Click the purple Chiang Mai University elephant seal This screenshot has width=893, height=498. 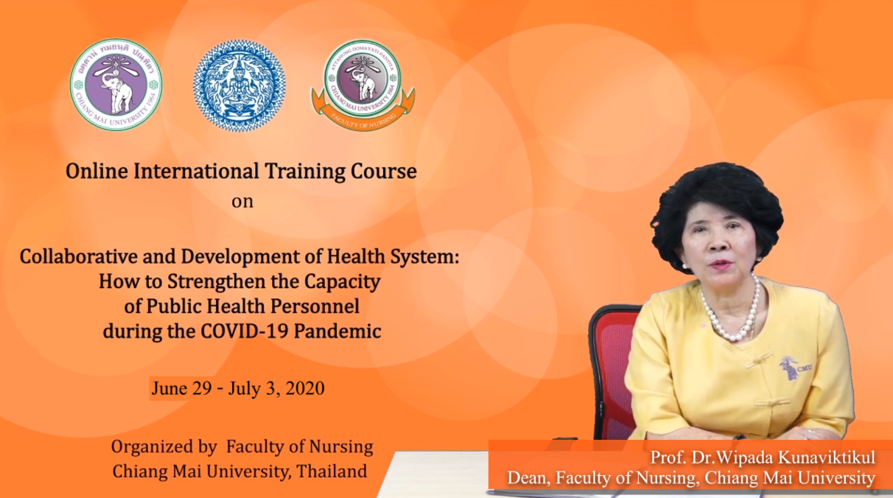pyautogui.click(x=116, y=85)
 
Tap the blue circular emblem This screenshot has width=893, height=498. pyautogui.click(x=239, y=85)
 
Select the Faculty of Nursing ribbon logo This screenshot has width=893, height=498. pyautogui.click(x=363, y=85)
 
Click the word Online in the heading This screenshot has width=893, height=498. pyautogui.click(x=97, y=171)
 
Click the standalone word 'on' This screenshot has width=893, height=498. pyautogui.click(x=242, y=201)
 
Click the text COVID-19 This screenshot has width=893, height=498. pyautogui.click(x=244, y=331)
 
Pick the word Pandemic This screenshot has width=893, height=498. pyautogui.click(x=337, y=331)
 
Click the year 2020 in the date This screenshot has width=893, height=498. pyautogui.click(x=305, y=388)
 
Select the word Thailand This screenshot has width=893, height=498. pyautogui.click(x=332, y=471)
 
